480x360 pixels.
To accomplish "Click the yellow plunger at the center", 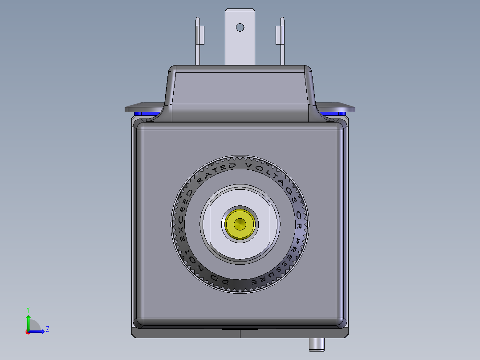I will tap(240, 223).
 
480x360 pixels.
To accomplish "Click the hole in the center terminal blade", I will tap(240, 28).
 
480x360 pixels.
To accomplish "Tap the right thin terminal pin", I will tap(281, 42).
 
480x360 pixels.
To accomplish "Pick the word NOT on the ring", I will tap(194, 263).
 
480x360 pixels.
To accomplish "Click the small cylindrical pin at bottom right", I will tap(317, 344).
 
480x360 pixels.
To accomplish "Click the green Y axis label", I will tap(28, 309).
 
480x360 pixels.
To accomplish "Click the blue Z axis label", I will tap(47, 329).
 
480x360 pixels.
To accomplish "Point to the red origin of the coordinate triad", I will tap(28, 331).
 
